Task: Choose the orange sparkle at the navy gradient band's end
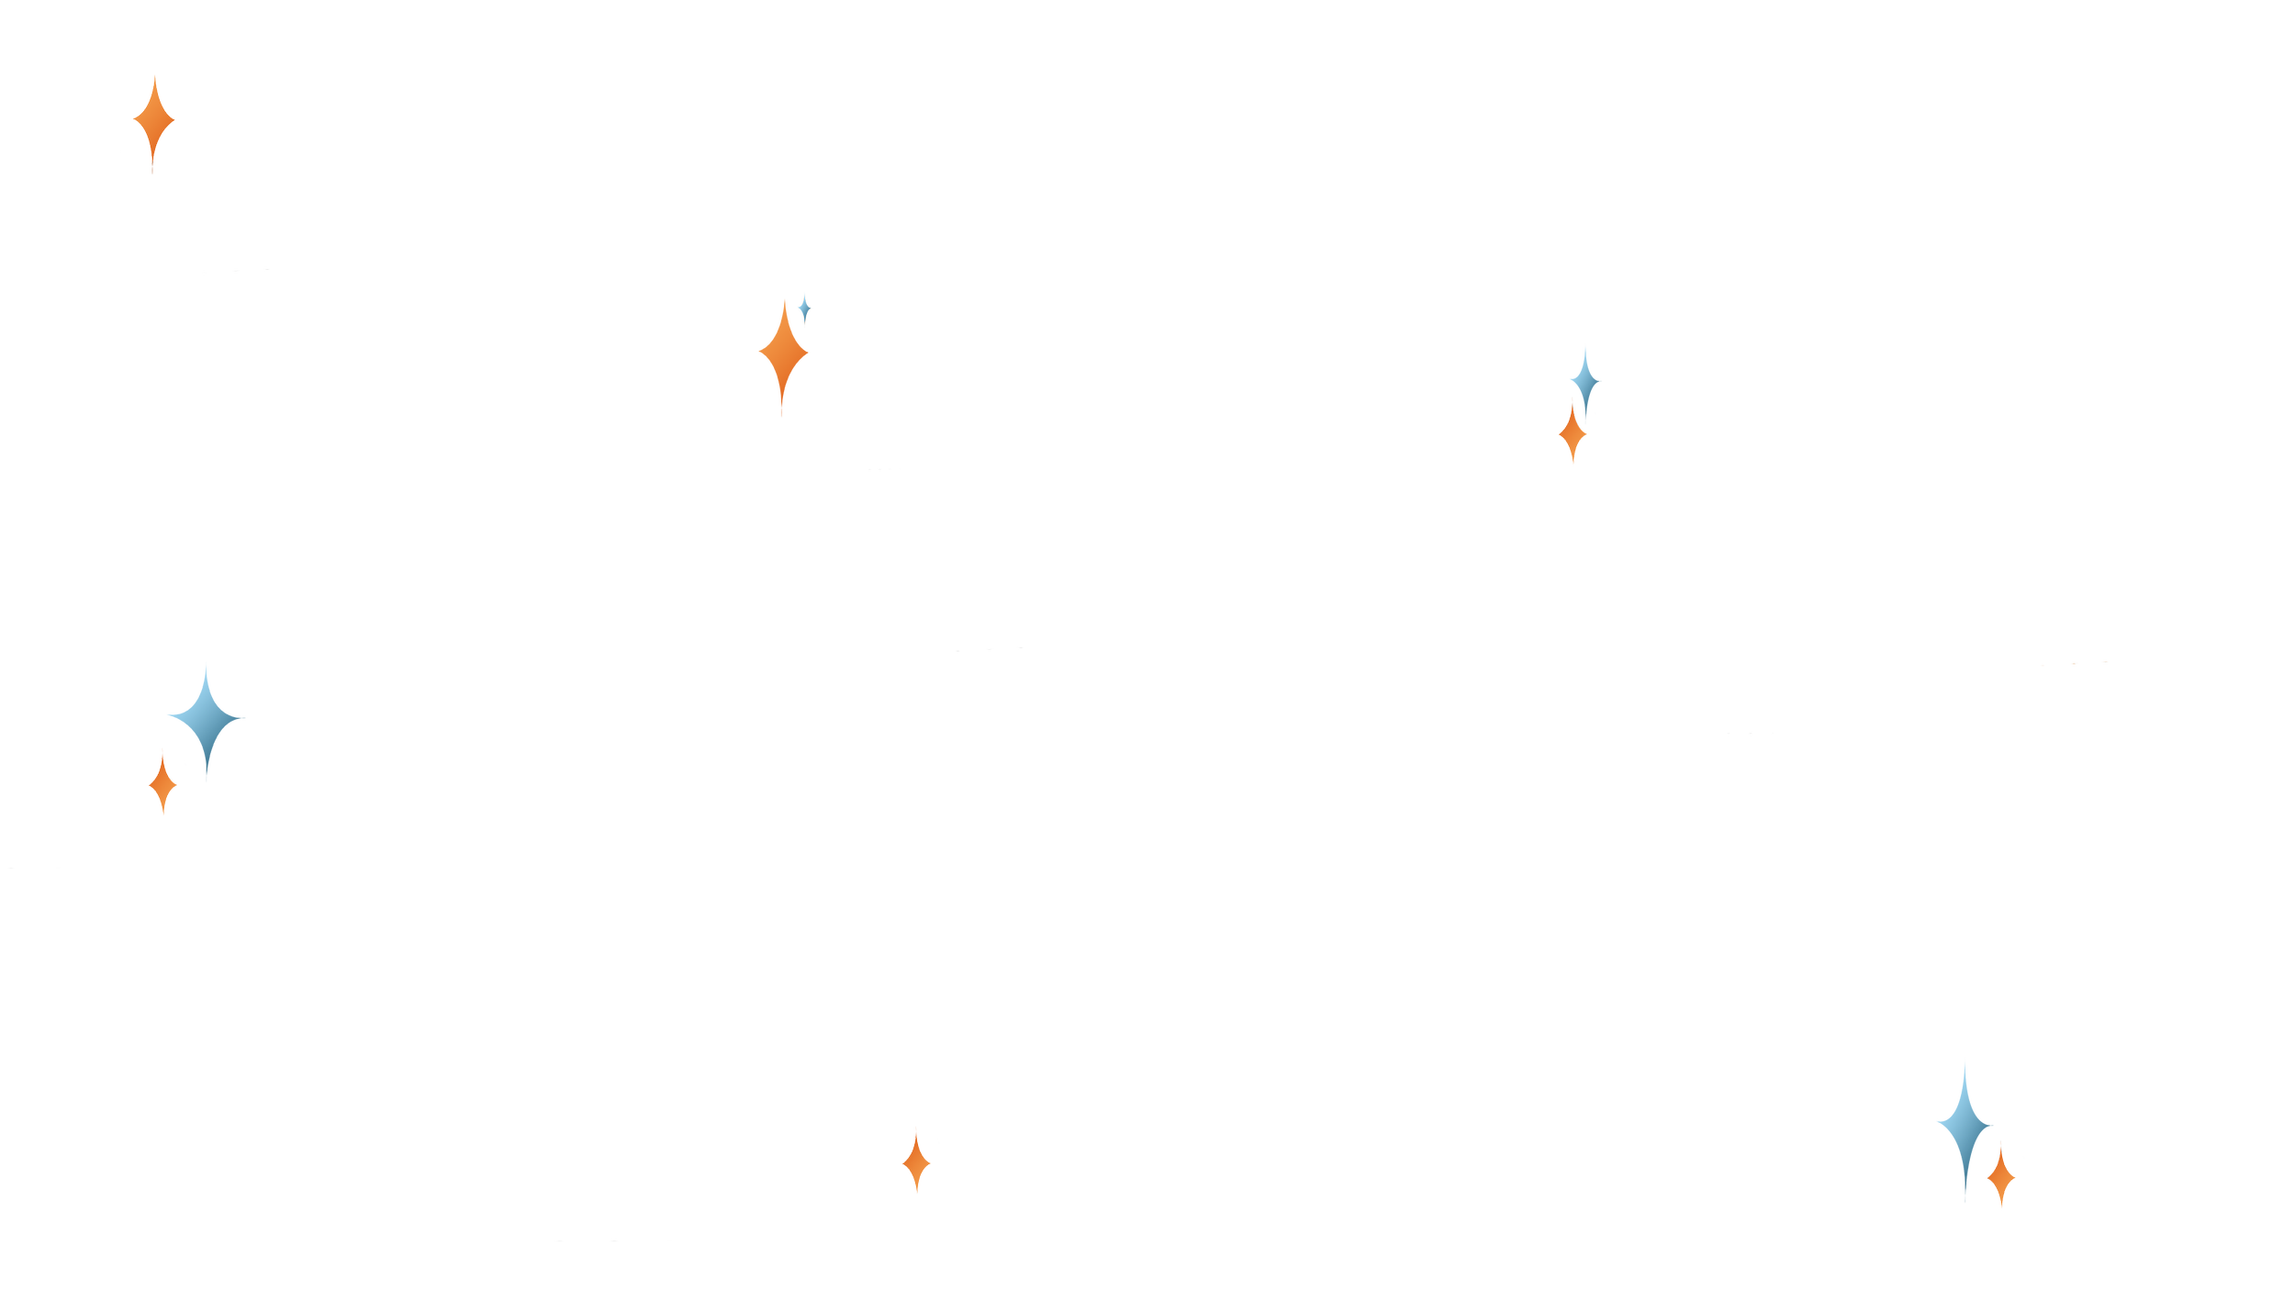point(162,786)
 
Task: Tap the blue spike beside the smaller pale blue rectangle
point(1965,1139)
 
